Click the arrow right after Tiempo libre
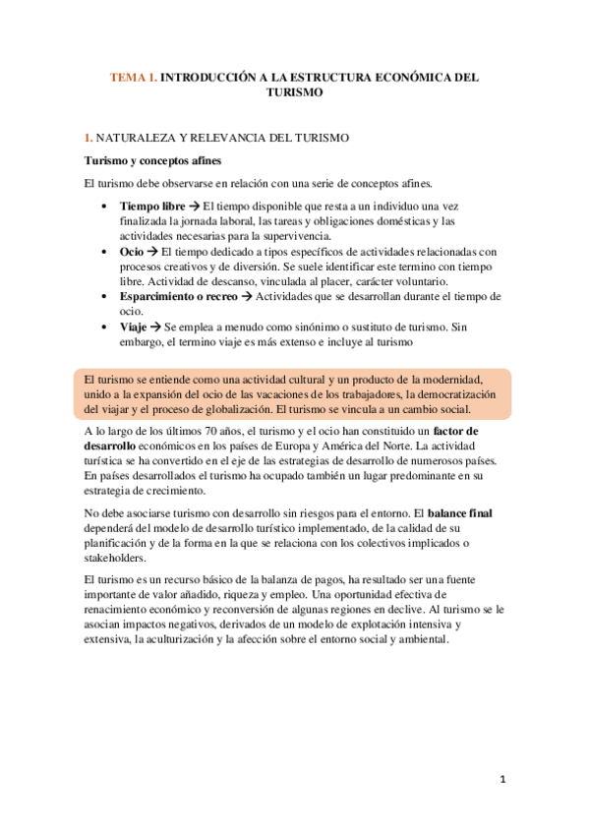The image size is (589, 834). [x=195, y=206]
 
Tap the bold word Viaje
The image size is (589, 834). [x=136, y=326]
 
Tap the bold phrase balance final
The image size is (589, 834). [x=467, y=512]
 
